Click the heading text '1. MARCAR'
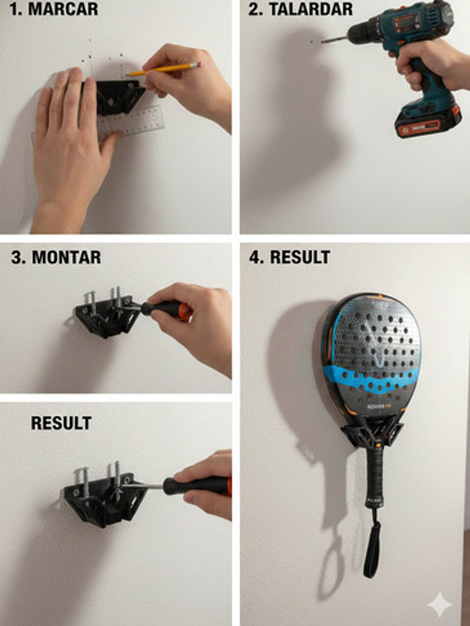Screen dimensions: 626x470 (x=54, y=9)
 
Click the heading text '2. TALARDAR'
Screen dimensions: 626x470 (x=301, y=9)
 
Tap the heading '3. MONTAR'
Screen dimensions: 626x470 (x=56, y=257)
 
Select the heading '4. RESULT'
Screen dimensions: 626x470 (x=289, y=257)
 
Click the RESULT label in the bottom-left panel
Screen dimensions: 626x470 (x=61, y=423)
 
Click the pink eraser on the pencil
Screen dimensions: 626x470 (x=197, y=64)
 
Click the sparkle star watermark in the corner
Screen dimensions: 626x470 (x=439, y=604)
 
